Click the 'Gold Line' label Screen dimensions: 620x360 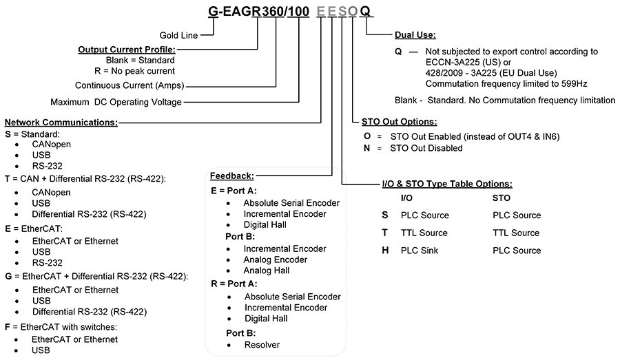click(x=178, y=36)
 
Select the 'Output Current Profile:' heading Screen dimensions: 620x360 click(x=127, y=50)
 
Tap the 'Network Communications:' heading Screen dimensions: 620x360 click(x=61, y=123)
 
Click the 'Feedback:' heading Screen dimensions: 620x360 click(x=232, y=176)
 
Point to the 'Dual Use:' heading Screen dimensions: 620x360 click(x=415, y=35)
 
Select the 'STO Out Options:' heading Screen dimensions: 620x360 click(x=399, y=122)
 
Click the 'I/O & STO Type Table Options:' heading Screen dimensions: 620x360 click(x=447, y=184)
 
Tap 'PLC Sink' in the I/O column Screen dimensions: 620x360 click(x=420, y=251)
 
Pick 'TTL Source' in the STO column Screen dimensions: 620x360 click(x=516, y=233)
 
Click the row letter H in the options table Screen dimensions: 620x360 click(x=385, y=251)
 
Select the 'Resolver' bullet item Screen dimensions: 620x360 click(x=262, y=345)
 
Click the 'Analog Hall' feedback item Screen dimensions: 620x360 click(x=266, y=271)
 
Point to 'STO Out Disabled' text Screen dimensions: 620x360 click(x=426, y=148)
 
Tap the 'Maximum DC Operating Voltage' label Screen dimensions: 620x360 click(x=116, y=102)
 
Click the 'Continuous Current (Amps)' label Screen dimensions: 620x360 click(x=130, y=85)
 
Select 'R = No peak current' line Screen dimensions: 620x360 click(x=134, y=71)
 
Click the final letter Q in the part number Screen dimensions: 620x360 click(x=365, y=12)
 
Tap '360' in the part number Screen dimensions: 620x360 click(x=272, y=12)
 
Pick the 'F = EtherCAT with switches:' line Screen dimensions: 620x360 click(x=61, y=327)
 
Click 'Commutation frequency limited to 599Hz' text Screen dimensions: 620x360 click(x=506, y=84)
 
